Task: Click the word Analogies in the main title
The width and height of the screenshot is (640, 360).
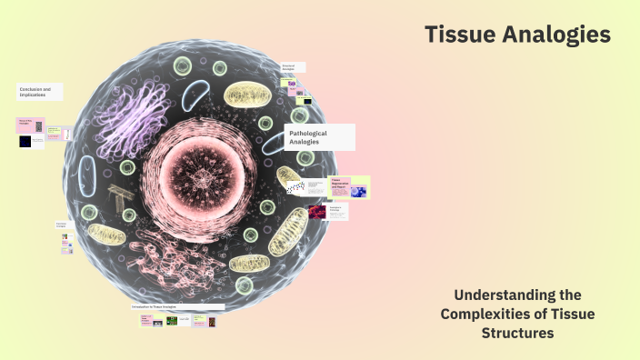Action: tap(560, 35)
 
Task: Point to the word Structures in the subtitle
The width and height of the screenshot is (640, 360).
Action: tap(516, 333)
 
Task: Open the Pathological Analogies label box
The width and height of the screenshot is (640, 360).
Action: tap(321, 137)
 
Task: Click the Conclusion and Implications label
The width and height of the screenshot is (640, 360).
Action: tap(41, 92)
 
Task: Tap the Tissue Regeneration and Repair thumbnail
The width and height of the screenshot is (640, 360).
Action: tap(349, 187)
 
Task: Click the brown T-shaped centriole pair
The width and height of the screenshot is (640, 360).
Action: tap(119, 197)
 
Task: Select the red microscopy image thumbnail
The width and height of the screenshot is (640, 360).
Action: tap(317, 212)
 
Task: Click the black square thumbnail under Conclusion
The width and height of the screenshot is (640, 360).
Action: tap(24, 141)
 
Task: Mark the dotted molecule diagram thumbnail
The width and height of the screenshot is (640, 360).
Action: tap(295, 188)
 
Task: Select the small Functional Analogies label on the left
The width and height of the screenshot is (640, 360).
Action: tap(62, 224)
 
